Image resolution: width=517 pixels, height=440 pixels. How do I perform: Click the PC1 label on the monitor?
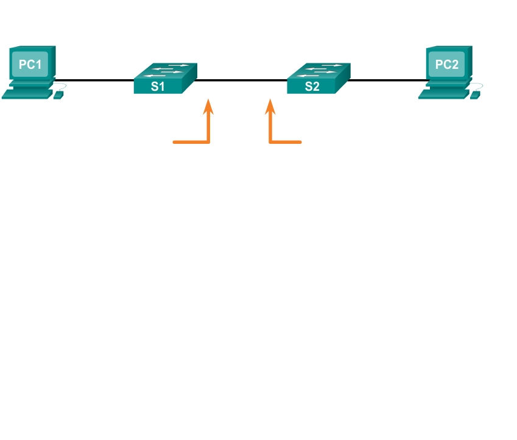tap(30, 63)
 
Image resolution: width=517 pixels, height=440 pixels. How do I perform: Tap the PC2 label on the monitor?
tap(446, 65)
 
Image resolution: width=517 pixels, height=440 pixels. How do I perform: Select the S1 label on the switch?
tap(158, 86)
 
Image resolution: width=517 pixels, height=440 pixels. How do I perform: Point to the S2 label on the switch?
tap(311, 86)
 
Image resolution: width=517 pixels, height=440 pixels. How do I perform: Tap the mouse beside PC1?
tap(58, 95)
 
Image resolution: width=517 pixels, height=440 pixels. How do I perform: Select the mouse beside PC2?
tap(475, 95)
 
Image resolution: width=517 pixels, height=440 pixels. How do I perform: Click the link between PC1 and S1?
tap(97, 80)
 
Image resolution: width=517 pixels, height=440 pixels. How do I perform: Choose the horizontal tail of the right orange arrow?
tap(286, 142)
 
